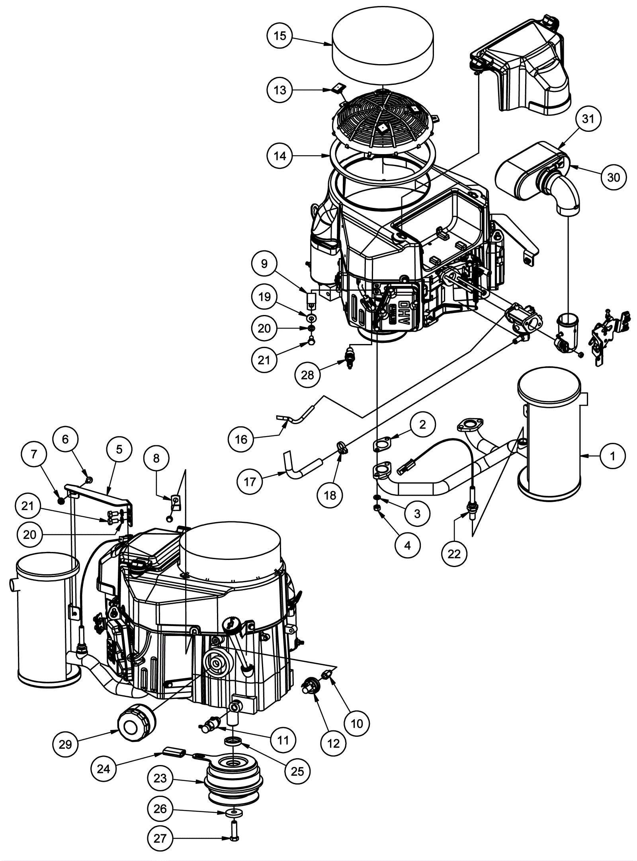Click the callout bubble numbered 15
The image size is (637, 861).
click(280, 36)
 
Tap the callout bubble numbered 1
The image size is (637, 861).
click(612, 456)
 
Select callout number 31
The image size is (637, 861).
click(588, 119)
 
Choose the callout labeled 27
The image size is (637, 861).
click(160, 838)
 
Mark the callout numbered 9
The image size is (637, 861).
click(264, 264)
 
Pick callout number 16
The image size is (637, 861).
click(241, 439)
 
